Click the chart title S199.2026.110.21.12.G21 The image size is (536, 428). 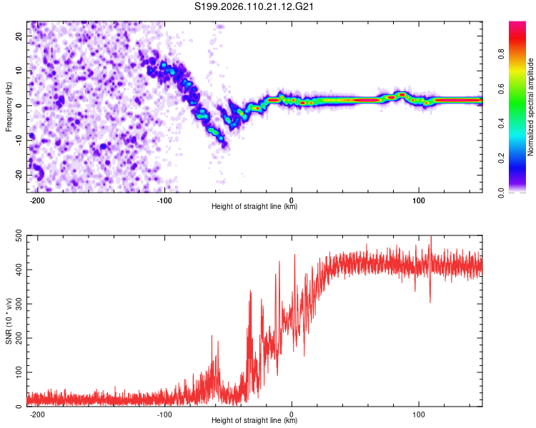255,6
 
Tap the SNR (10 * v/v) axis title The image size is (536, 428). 9,321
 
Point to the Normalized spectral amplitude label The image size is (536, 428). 531,106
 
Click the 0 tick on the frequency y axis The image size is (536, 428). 21,106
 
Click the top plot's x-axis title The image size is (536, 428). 254,207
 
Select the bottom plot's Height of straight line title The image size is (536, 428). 254,421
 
